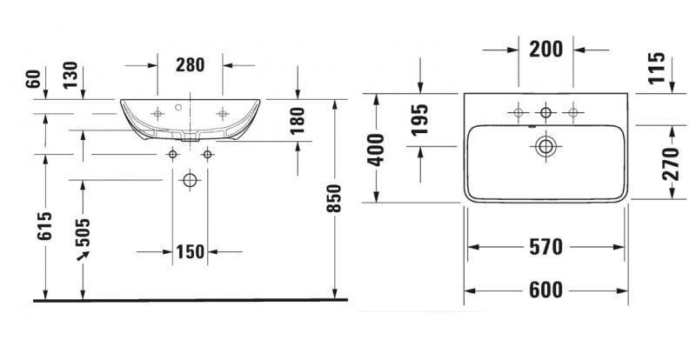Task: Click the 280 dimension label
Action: click(x=190, y=63)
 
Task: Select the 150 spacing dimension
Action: click(x=189, y=253)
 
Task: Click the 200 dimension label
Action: click(x=545, y=50)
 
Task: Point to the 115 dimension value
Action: click(x=656, y=69)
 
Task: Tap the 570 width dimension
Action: click(x=545, y=248)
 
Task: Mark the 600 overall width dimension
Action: click(x=545, y=290)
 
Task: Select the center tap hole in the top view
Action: click(x=545, y=111)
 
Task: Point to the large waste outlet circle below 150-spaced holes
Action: click(x=190, y=181)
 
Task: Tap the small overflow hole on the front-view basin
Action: click(x=184, y=110)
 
